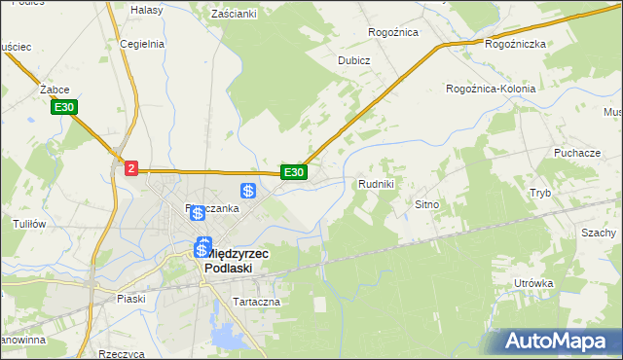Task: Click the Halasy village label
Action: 146,10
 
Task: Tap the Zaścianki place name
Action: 233,14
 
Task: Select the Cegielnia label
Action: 141,44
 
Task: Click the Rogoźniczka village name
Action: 515,44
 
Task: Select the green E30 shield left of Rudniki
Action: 294,172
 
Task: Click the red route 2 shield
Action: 131,168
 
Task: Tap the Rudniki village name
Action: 376,183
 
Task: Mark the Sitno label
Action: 428,205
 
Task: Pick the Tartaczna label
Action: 256,302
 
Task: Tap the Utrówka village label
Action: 534,283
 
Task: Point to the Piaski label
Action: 129,299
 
